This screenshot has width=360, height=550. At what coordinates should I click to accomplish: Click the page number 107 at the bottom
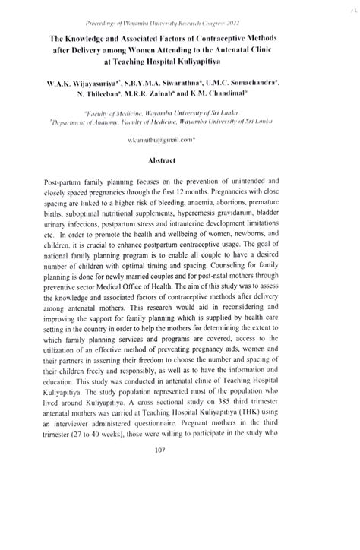[180, 514]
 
